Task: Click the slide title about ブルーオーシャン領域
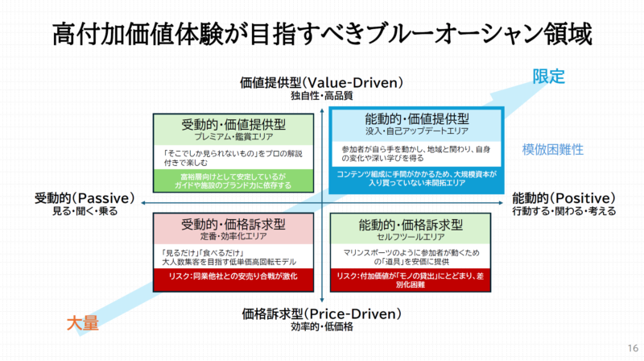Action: point(322,34)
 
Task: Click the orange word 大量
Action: point(81,323)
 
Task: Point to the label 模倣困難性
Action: point(552,149)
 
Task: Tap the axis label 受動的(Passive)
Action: point(76,198)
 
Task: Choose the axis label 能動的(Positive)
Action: point(563,198)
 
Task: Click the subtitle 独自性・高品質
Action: point(322,96)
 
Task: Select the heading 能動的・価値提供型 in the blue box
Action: point(417,119)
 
